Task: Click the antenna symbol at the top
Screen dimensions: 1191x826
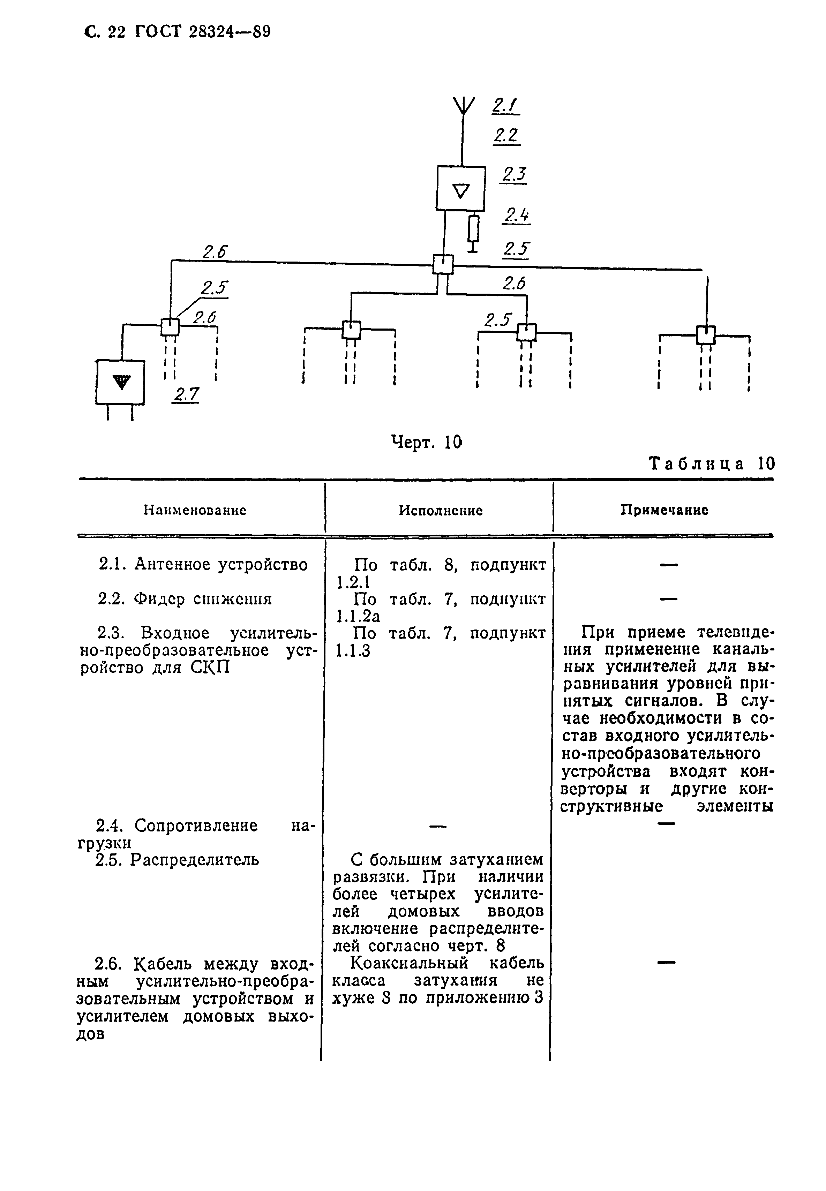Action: click(463, 106)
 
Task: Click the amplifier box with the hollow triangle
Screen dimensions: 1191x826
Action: click(461, 188)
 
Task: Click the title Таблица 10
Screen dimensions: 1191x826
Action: click(712, 463)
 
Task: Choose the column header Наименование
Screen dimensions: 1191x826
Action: click(195, 511)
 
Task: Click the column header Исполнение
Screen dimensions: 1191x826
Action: click(441, 511)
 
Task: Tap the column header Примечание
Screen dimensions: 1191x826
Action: click(664, 510)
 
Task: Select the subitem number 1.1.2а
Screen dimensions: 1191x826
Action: click(358, 616)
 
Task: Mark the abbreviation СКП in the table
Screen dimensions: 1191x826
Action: click(210, 668)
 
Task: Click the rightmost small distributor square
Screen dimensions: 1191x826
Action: click(705, 335)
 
